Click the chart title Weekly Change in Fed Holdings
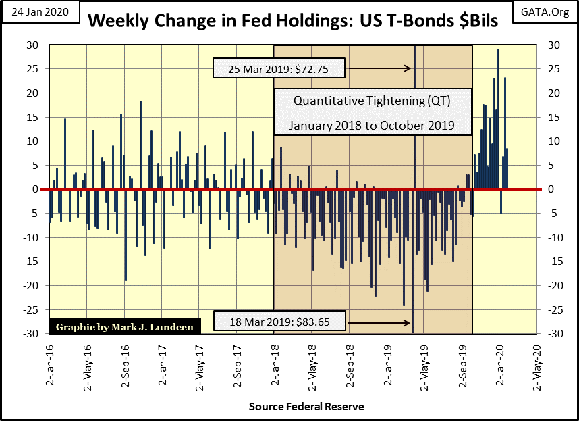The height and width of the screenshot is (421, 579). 293,20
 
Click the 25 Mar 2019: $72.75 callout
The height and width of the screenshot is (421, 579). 279,68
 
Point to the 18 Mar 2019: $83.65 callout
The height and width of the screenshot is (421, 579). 280,322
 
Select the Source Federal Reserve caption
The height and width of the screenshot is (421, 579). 306,406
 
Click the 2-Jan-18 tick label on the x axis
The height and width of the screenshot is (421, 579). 273,366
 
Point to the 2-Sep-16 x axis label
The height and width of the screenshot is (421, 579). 124,366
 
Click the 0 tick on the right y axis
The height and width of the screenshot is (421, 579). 545,189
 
